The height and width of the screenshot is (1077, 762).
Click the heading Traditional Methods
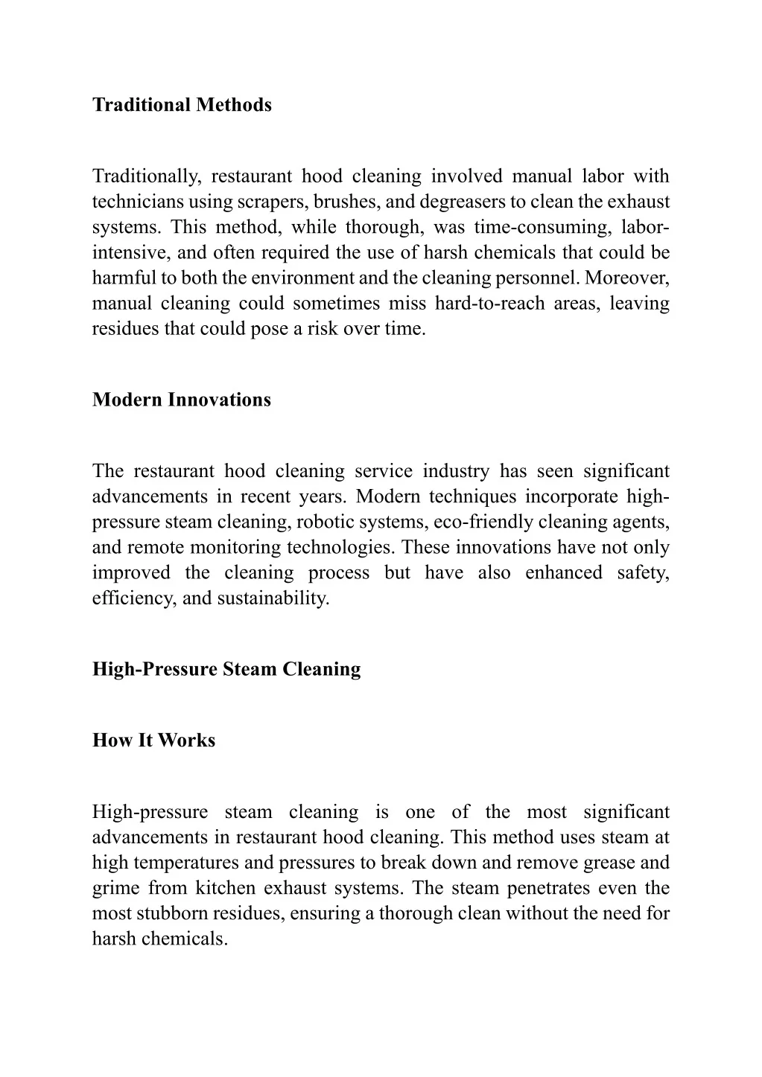click(x=182, y=105)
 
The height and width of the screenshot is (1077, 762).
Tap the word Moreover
click(x=627, y=278)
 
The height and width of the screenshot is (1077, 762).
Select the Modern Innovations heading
click(x=182, y=400)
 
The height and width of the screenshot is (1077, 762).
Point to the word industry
click(x=456, y=472)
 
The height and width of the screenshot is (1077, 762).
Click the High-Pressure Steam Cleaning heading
click(x=226, y=669)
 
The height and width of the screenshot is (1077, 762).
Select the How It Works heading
click(x=153, y=741)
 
